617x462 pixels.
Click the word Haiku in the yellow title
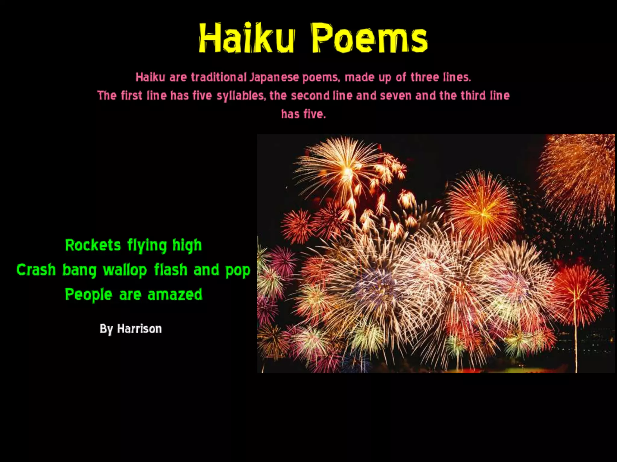point(246,38)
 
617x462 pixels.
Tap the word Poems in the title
point(369,38)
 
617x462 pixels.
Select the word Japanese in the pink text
point(274,77)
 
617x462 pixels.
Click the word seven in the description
point(396,96)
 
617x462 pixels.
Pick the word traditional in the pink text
point(219,77)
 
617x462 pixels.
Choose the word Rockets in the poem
point(93,245)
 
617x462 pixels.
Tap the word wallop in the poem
point(125,270)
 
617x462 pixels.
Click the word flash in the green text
point(171,269)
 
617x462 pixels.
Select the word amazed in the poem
point(175,294)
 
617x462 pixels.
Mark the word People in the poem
point(89,295)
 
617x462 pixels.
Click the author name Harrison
point(139,329)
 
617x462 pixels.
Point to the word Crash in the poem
point(36,269)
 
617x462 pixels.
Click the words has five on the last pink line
point(303,114)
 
